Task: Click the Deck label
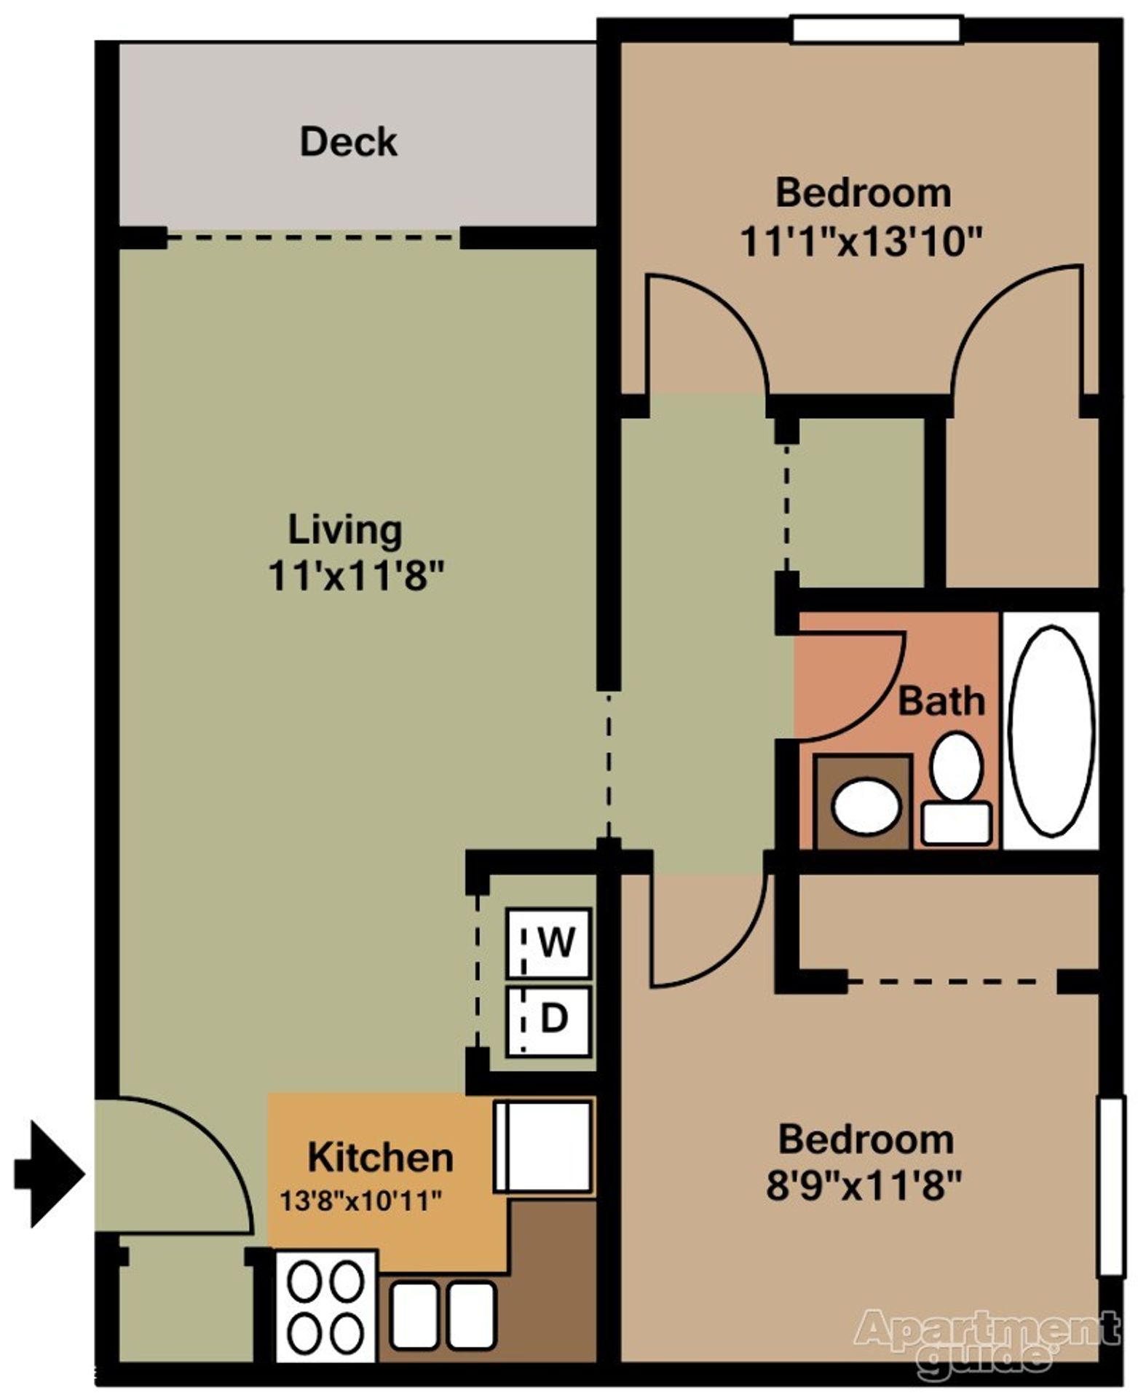tap(349, 141)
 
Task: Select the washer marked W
tap(549, 943)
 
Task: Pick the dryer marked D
tap(549, 1021)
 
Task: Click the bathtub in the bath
tap(1051, 730)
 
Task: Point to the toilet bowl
tap(956, 767)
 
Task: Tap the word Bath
tap(941, 701)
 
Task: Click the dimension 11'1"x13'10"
tap(861, 241)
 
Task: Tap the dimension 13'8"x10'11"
tap(361, 1201)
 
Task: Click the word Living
tap(345, 532)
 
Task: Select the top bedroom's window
tap(876, 31)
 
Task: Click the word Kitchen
tap(381, 1157)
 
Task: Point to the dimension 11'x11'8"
tap(356, 577)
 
